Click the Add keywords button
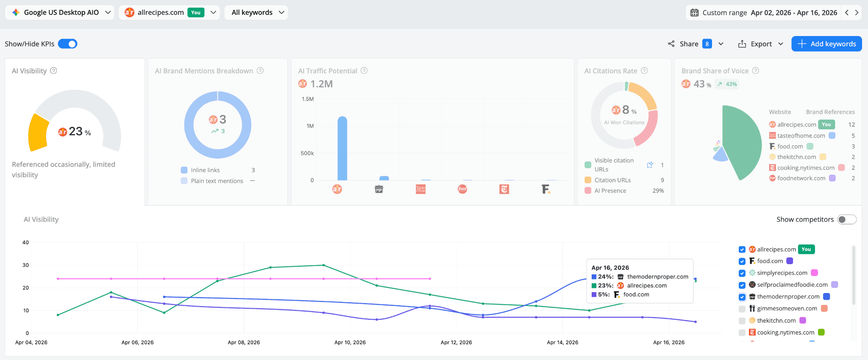pos(826,44)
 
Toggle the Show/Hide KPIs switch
pos(67,44)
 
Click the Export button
pos(760,44)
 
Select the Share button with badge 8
pos(695,44)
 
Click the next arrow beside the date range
pos(857,12)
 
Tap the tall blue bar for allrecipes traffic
pos(342,148)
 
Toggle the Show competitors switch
pos(846,219)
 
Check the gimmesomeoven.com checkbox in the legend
pos(742,309)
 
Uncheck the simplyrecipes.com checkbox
pos(742,273)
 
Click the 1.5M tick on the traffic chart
pos(308,99)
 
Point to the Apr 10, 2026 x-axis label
pos(350,342)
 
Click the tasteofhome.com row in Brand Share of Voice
pos(801,136)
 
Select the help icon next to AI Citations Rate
pos(644,71)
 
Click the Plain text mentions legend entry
pos(217,181)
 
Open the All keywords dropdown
pos(256,12)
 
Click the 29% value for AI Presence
pos(658,191)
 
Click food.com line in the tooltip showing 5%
pos(636,294)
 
